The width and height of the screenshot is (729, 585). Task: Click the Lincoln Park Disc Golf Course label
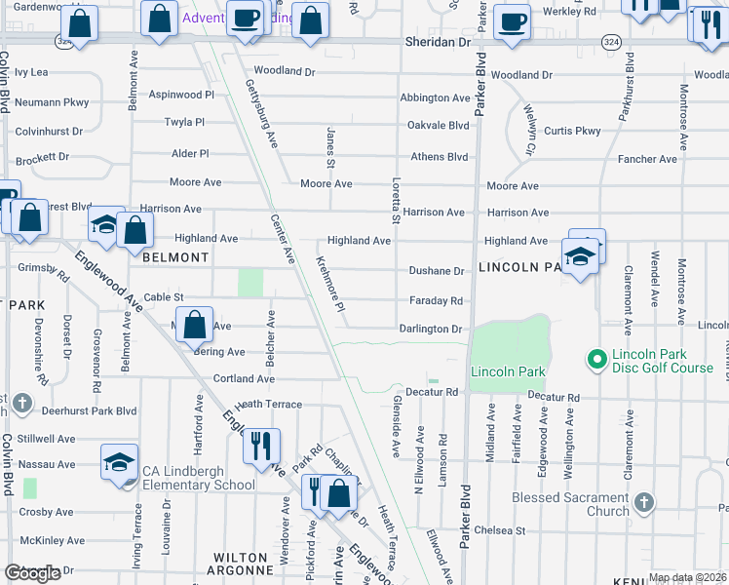tap(662, 361)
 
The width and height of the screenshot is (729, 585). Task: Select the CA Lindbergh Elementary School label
tap(199, 478)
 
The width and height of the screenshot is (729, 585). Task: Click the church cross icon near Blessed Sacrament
tap(642, 503)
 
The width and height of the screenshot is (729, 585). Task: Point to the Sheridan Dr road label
tap(437, 43)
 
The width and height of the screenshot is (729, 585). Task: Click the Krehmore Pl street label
tap(331, 285)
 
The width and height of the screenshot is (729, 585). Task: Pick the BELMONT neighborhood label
tap(175, 257)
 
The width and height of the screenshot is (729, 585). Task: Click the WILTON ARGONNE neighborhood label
tap(241, 564)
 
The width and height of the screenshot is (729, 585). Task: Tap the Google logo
tap(32, 573)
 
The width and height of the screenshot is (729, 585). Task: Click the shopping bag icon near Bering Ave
tap(195, 324)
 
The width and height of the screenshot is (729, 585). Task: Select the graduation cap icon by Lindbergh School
tap(119, 460)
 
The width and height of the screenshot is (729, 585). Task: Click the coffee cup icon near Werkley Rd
tap(511, 20)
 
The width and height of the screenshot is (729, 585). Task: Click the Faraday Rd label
tap(436, 301)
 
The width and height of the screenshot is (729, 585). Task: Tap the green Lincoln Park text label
tap(507, 371)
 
